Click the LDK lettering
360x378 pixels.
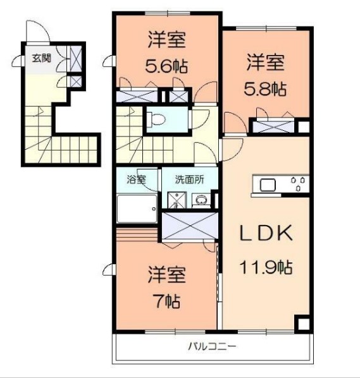click(266, 234)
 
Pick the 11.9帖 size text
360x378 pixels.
click(266, 267)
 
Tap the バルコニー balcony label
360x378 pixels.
click(213, 346)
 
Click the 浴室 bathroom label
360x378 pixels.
click(136, 179)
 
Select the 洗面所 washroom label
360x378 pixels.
click(190, 179)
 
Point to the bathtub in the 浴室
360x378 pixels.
click(136, 209)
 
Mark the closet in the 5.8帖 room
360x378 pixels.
click(275, 125)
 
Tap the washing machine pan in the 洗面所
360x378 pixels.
click(175, 200)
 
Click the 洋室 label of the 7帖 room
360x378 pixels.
click(167, 276)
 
